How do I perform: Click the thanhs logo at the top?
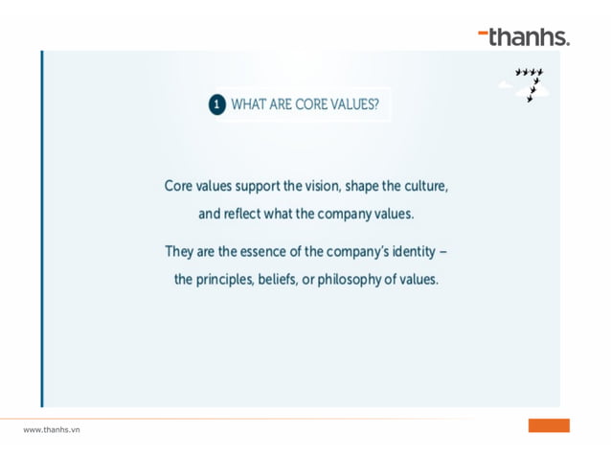(x=524, y=37)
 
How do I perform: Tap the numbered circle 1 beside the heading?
(x=217, y=103)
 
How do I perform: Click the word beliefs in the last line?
(x=279, y=281)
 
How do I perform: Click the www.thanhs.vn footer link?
(x=52, y=429)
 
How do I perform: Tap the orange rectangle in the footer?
(x=548, y=424)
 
